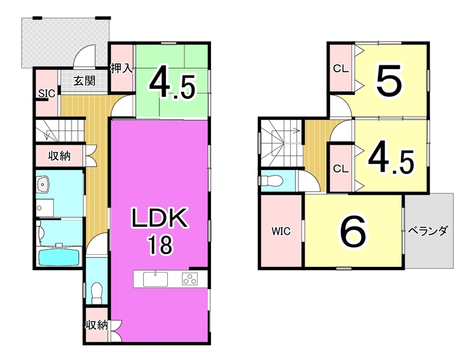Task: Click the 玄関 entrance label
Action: pos(83,80)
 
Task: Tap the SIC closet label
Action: pos(46,94)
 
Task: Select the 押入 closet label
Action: pos(122,68)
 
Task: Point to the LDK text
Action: pos(160,219)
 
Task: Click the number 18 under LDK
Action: pos(160,245)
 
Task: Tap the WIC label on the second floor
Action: pos(281,231)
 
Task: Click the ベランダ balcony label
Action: pos(428,231)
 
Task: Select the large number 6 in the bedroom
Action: pos(354,232)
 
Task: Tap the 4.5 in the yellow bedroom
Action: pos(391,158)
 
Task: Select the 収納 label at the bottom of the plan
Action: pos(97,326)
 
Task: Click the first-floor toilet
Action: pos(97,293)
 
